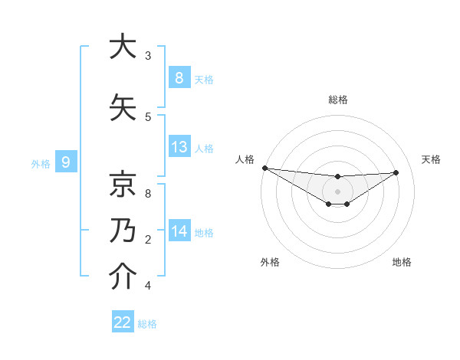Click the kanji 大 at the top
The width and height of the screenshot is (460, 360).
click(120, 47)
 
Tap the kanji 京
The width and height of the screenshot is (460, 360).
click(120, 185)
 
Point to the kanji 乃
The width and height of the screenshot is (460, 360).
click(120, 231)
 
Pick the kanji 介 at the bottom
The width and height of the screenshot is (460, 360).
click(120, 277)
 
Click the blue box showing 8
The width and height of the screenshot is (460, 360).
click(179, 77)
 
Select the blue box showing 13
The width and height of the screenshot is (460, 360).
click(179, 147)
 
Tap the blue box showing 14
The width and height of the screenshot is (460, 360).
click(179, 231)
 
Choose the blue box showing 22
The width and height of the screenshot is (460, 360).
click(123, 322)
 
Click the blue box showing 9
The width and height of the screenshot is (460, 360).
click(66, 162)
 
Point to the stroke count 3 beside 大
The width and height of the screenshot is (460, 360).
click(148, 56)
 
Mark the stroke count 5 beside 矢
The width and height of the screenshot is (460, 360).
click(148, 117)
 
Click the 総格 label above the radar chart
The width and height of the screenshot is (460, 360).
click(337, 100)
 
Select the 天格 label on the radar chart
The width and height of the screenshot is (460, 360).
click(432, 159)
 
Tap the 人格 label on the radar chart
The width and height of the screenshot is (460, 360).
click(245, 159)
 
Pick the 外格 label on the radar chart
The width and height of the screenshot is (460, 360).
click(270, 262)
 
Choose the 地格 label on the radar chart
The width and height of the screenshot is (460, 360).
click(402, 262)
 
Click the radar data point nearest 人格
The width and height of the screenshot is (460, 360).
click(264, 168)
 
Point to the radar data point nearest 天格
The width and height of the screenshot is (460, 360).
click(396, 172)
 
